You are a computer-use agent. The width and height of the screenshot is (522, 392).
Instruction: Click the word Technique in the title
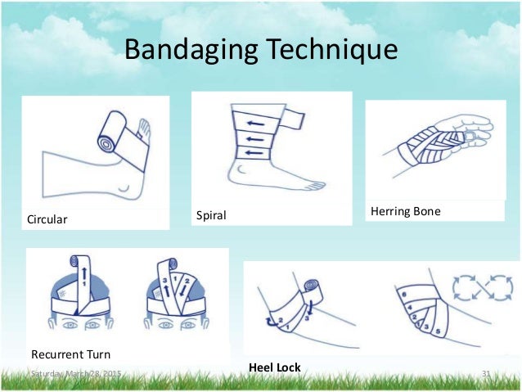[x=326, y=50]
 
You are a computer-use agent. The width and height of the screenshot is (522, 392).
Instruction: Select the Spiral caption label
[x=210, y=216]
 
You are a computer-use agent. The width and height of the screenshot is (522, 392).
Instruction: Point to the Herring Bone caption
[x=405, y=211]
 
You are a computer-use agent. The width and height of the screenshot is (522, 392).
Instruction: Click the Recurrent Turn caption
[x=70, y=354]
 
